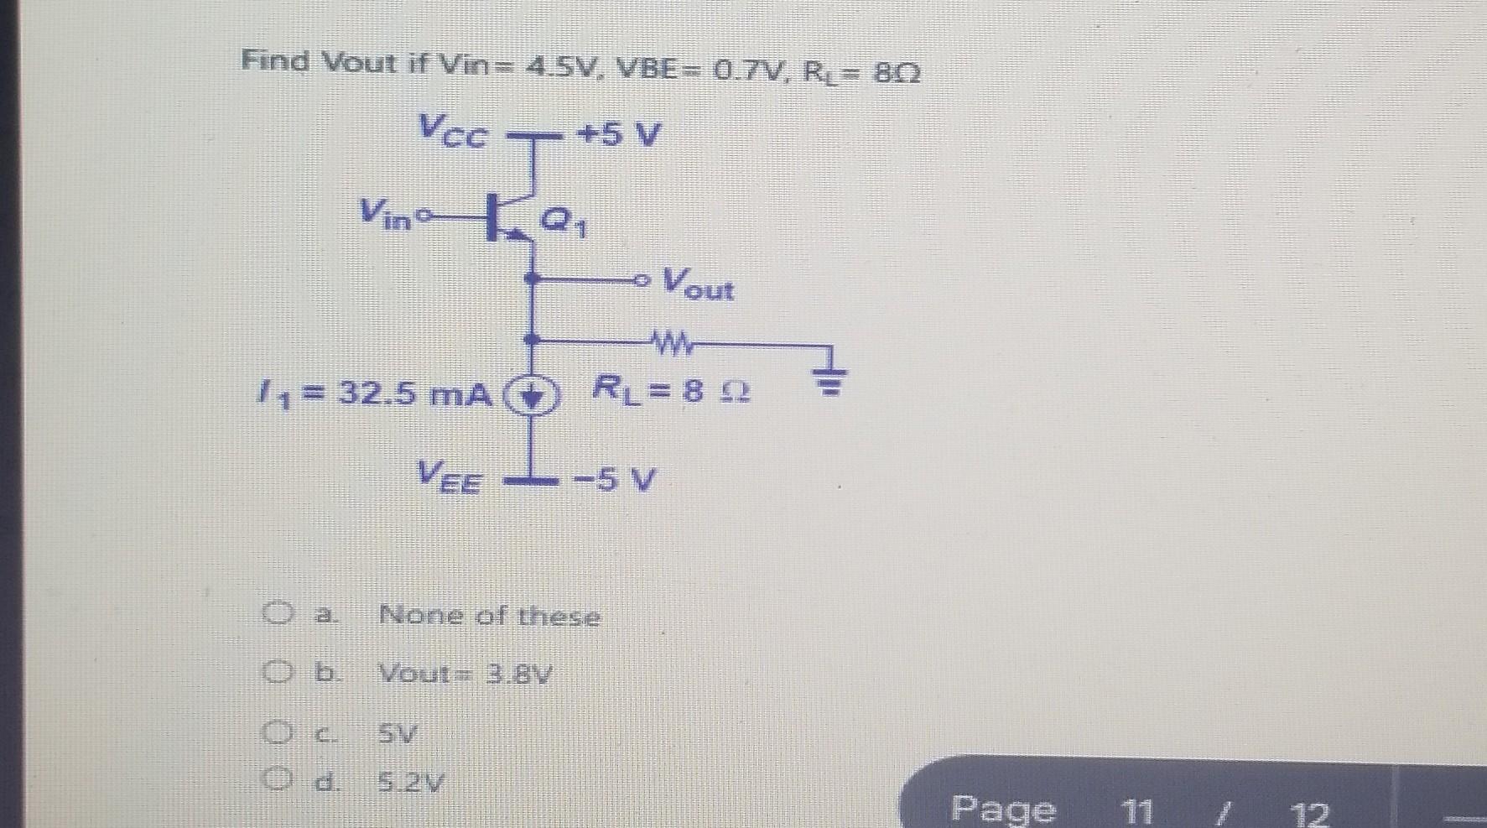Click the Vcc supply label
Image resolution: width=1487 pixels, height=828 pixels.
pyautogui.click(x=452, y=132)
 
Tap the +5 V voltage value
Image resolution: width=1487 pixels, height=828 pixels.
pyautogui.click(x=617, y=134)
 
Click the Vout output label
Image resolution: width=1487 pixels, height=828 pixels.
pyautogui.click(x=698, y=284)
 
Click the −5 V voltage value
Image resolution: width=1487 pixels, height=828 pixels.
pyautogui.click(x=615, y=481)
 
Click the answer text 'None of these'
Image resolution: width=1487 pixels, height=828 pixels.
pyautogui.click(x=490, y=617)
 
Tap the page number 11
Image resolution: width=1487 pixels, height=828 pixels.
pyautogui.click(x=1136, y=811)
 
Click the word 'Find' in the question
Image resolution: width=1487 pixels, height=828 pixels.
pyautogui.click(x=276, y=61)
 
